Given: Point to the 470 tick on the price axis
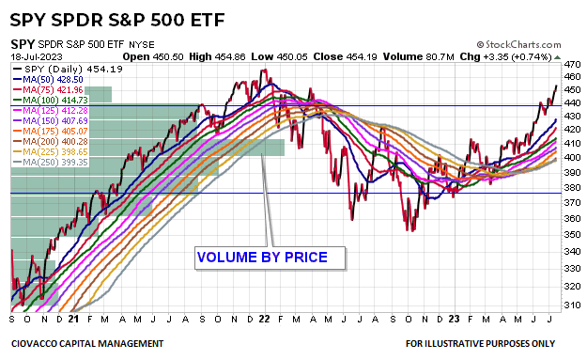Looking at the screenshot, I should coord(570,64).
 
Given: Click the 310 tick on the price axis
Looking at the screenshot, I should coord(570,305).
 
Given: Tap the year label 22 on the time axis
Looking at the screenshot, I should coord(264,319).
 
